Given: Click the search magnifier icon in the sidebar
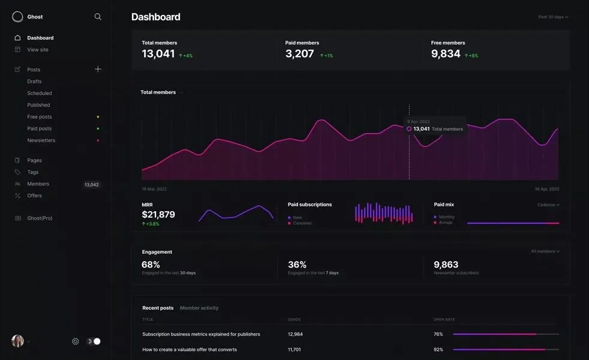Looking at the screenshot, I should point(98,17).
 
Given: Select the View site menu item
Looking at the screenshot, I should point(38,50).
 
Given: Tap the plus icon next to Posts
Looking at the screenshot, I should point(98,69).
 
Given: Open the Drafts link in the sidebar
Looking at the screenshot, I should point(34,82).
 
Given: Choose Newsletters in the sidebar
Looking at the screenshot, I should point(41,140).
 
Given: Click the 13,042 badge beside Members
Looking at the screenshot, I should point(92,185).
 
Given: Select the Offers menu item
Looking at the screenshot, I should point(34,196).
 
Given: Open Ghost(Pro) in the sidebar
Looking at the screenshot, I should point(40,218).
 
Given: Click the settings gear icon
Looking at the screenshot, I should point(76,341).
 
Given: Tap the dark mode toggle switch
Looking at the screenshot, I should point(94,341).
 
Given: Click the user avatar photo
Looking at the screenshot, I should point(17,341).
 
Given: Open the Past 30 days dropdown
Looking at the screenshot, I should point(553,17).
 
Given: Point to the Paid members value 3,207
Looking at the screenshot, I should point(299,54).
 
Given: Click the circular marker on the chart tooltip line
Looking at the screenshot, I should point(409,128).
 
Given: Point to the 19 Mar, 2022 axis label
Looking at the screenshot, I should point(154,189).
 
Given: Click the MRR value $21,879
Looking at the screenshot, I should point(158,215).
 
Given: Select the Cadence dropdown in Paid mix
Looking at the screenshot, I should point(548,205).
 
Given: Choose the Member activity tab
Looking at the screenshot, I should point(199,308).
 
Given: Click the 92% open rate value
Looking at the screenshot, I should point(438,349).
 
